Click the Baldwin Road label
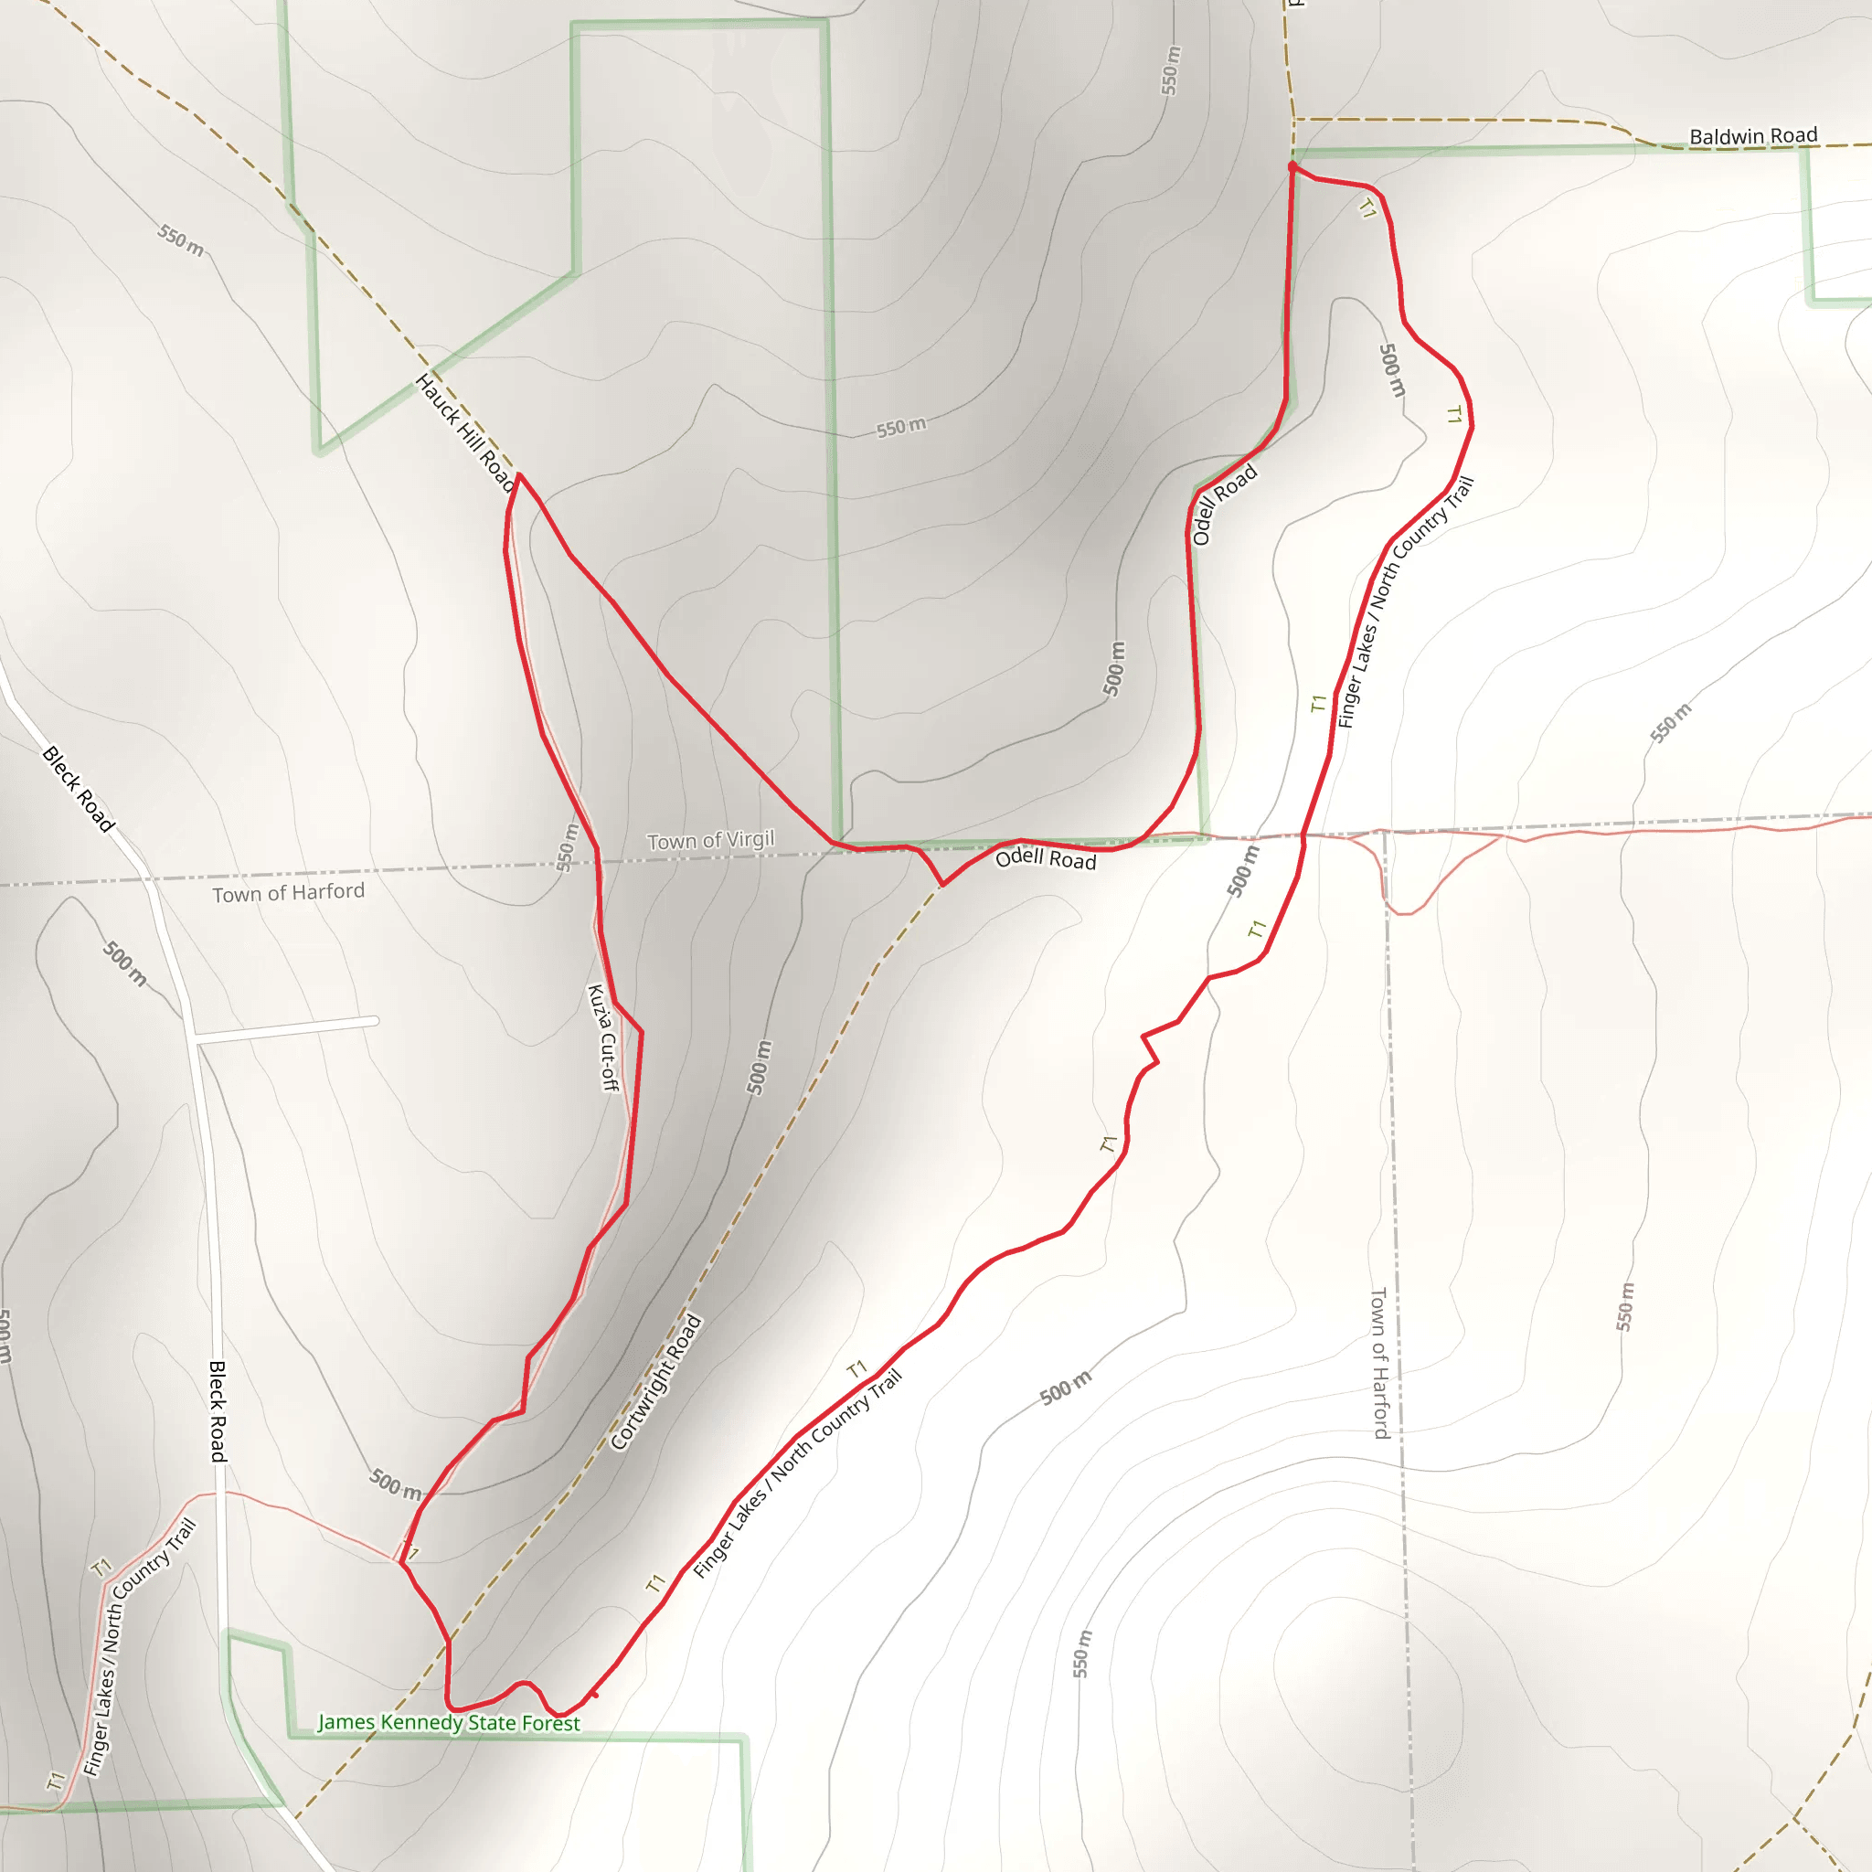1753,135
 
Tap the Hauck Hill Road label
464,432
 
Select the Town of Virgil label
710,840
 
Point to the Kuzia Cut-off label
602,1037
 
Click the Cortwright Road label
656,1382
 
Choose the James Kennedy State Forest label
449,1722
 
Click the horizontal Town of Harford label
289,892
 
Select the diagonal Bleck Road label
79,789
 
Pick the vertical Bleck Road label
218,1410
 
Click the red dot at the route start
1292,167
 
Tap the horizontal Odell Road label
1046,858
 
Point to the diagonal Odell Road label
1224,504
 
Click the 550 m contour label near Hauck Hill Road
180,240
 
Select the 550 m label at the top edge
1172,69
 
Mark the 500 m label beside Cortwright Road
760,1067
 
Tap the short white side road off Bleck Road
287,1030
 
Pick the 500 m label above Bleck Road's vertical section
125,964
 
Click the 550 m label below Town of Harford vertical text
1624,1306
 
